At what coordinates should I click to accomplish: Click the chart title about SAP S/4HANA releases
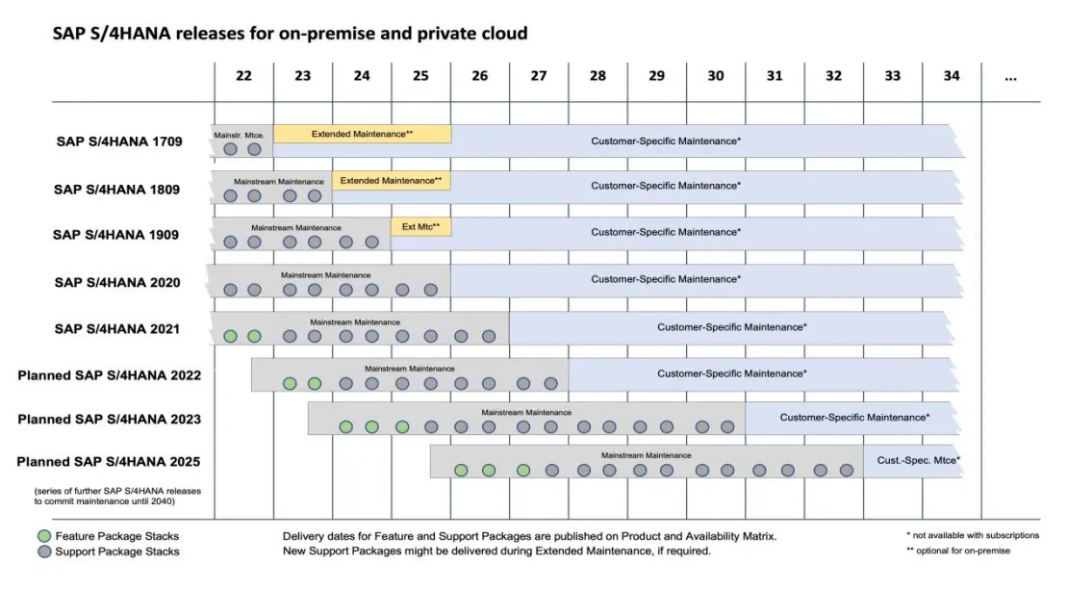pyautogui.click(x=290, y=34)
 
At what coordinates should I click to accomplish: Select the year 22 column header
pyautogui.click(x=243, y=76)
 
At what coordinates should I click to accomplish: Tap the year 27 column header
pyautogui.click(x=538, y=76)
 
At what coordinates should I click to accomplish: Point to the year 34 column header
pyautogui.click(x=951, y=76)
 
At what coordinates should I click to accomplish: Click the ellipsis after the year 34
pyautogui.click(x=1009, y=76)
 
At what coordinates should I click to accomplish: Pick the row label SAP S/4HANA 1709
pyautogui.click(x=117, y=141)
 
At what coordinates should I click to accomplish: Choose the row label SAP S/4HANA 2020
pyautogui.click(x=117, y=282)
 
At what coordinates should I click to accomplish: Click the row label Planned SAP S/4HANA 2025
pyautogui.click(x=108, y=462)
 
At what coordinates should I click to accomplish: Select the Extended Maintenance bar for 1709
pyautogui.click(x=362, y=134)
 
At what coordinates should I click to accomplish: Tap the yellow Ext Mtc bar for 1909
pyautogui.click(x=420, y=227)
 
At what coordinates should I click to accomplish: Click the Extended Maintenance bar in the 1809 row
pyautogui.click(x=391, y=180)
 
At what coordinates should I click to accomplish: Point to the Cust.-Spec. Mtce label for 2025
pyautogui.click(x=918, y=460)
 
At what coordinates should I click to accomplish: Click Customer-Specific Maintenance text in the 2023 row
pyautogui.click(x=854, y=418)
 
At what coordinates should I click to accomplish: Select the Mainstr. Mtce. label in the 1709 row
pyautogui.click(x=240, y=135)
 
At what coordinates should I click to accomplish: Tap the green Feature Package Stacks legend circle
pyautogui.click(x=44, y=536)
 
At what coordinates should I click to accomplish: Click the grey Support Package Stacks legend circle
pyautogui.click(x=44, y=552)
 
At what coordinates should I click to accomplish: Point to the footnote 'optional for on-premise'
pyautogui.click(x=958, y=551)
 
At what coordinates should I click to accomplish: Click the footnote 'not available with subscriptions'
pyautogui.click(x=972, y=535)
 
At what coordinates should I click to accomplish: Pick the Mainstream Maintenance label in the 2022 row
pyautogui.click(x=409, y=368)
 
